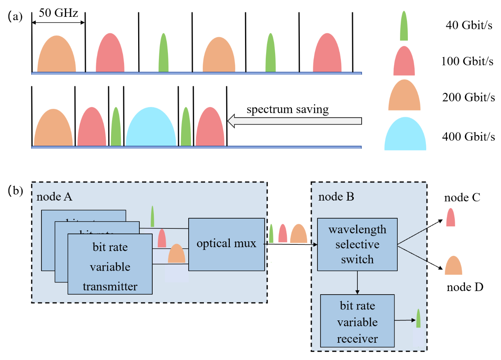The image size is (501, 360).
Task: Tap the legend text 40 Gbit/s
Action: (469, 26)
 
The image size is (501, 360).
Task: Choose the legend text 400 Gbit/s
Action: (469, 137)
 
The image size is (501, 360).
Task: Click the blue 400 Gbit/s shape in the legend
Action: (405, 134)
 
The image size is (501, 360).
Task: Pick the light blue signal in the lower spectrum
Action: (151, 127)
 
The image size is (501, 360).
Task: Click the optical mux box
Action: (226, 244)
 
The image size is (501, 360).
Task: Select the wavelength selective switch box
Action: (357, 244)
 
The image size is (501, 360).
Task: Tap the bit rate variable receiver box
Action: (357, 322)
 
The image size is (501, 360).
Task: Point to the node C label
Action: (462, 197)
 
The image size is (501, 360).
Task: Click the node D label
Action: (465, 287)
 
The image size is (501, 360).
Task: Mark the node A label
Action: (54, 197)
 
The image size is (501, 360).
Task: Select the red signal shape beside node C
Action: (451, 217)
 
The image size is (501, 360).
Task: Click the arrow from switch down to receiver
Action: (357, 282)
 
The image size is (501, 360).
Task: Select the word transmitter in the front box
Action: (110, 286)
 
